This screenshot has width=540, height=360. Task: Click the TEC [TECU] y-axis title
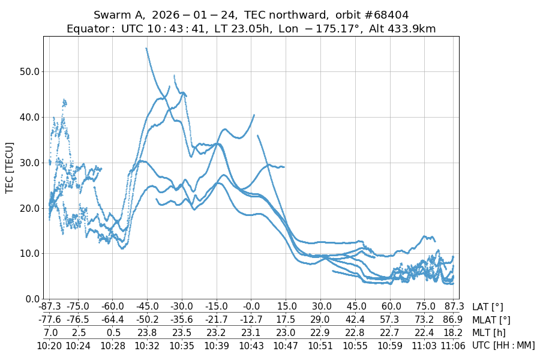click(10, 167)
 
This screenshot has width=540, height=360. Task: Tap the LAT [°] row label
click(488, 307)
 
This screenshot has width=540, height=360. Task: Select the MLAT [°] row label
click(492, 320)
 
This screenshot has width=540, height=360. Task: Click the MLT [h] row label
click(488, 332)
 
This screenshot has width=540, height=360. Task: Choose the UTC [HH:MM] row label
click(503, 345)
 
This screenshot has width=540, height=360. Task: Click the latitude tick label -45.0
click(146, 307)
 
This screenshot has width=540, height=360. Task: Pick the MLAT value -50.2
click(146, 320)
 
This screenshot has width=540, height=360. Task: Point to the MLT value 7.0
click(50, 332)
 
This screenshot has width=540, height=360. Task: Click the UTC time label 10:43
click(251, 345)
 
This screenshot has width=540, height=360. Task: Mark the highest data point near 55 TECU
click(146, 49)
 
